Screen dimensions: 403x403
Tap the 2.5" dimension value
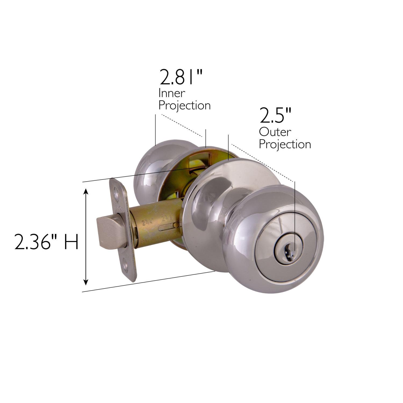(x=275, y=116)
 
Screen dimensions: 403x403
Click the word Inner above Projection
(x=171, y=93)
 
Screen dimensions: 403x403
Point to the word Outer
(x=275, y=132)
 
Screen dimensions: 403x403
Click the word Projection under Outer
(x=285, y=144)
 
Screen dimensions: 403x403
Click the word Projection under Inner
(x=184, y=105)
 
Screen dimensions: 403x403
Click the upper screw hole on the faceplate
(x=116, y=192)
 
